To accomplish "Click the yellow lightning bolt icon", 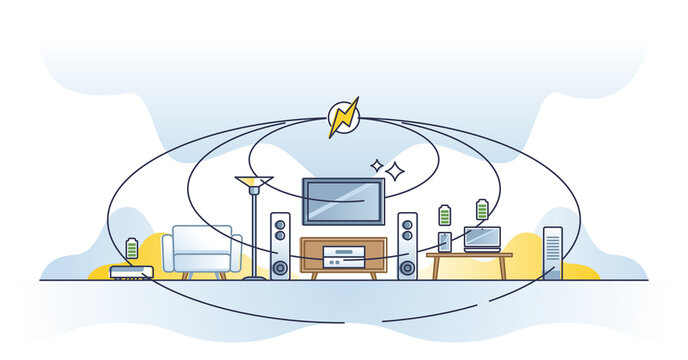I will [x=343, y=117].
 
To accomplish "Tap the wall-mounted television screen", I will [x=343, y=201].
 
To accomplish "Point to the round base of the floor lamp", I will [x=254, y=277].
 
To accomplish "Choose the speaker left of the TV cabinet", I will [x=280, y=245].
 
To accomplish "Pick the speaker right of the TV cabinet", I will [x=407, y=245].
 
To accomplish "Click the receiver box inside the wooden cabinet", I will [x=343, y=257].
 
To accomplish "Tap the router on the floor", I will [x=131, y=271].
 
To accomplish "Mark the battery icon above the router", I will [x=132, y=247].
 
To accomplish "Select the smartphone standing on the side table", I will [x=445, y=242].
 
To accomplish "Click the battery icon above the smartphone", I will [x=445, y=215].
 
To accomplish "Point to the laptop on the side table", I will [x=482, y=240].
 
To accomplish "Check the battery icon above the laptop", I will [x=482, y=209].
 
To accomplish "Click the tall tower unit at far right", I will [x=552, y=252].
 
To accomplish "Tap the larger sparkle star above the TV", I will [x=395, y=171].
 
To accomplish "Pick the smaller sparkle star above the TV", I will [x=377, y=165].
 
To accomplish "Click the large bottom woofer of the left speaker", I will [x=280, y=267].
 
